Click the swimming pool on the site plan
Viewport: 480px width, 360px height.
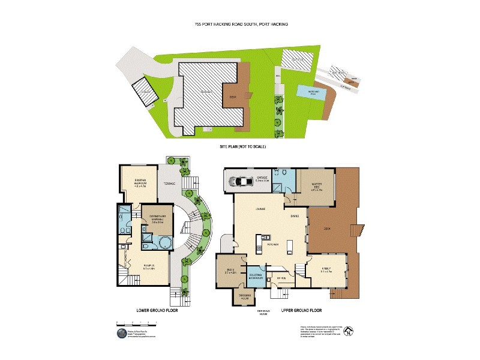click(311, 92)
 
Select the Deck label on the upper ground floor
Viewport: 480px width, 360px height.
click(328, 229)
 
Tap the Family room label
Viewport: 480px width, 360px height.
click(326, 269)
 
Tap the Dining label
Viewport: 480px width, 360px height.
click(295, 216)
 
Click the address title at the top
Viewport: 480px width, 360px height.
click(241, 24)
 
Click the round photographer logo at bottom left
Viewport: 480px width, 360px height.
click(121, 333)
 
